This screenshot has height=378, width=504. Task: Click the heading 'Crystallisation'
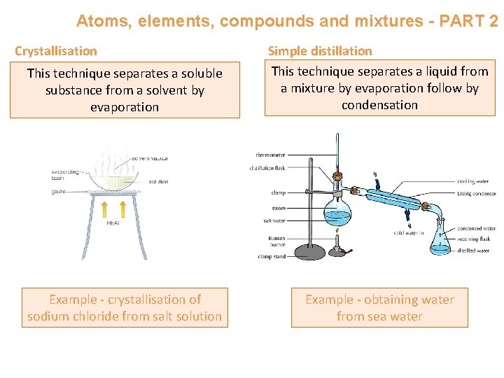click(x=56, y=51)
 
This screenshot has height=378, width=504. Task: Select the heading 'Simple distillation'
click(x=321, y=51)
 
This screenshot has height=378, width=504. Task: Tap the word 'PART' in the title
click(x=455, y=21)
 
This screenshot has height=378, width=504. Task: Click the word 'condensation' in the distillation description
click(x=379, y=105)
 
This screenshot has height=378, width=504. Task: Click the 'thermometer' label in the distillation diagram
click(x=269, y=155)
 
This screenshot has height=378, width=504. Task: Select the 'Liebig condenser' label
click(x=476, y=194)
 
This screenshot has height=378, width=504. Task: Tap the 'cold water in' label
click(x=409, y=233)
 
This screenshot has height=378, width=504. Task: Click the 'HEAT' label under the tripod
click(x=113, y=224)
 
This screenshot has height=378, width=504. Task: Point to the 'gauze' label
click(x=58, y=191)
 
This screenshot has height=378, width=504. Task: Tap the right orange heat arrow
click(x=122, y=209)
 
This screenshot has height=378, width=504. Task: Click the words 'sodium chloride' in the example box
click(x=69, y=316)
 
